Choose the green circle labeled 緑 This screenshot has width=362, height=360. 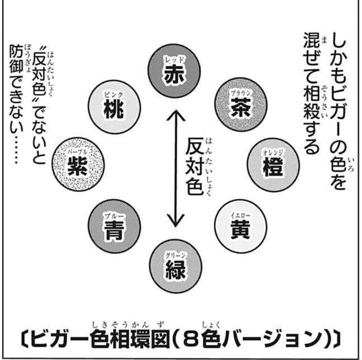click(x=174, y=267)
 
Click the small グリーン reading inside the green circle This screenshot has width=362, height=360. click(x=174, y=256)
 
